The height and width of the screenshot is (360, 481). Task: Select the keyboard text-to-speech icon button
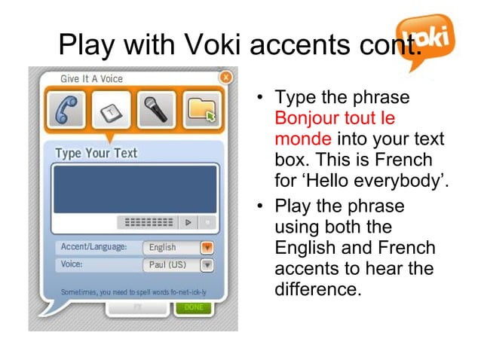pyautogui.click(x=112, y=111)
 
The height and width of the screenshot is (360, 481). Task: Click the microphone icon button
pyautogui.click(x=156, y=111)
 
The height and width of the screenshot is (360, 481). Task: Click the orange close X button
pyautogui.click(x=225, y=77)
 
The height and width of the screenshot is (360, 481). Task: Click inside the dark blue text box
pyautogui.click(x=134, y=188)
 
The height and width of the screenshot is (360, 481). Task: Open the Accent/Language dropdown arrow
pyautogui.click(x=207, y=247)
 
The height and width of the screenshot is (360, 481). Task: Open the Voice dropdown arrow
pyautogui.click(x=207, y=265)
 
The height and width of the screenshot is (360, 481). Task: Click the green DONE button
pyautogui.click(x=194, y=308)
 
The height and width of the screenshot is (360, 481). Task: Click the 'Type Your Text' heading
pyautogui.click(x=96, y=154)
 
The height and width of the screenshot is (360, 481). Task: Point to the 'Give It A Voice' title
pyautogui.click(x=91, y=78)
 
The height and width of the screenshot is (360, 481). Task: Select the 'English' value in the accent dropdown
pyautogui.click(x=164, y=247)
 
